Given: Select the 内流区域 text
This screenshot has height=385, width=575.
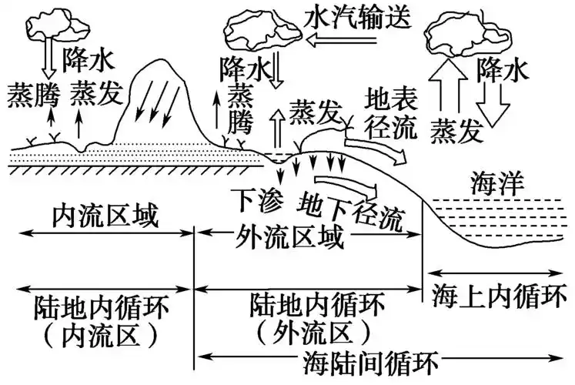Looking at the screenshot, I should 105,219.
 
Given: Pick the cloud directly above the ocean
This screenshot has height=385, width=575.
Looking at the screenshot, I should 461,32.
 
